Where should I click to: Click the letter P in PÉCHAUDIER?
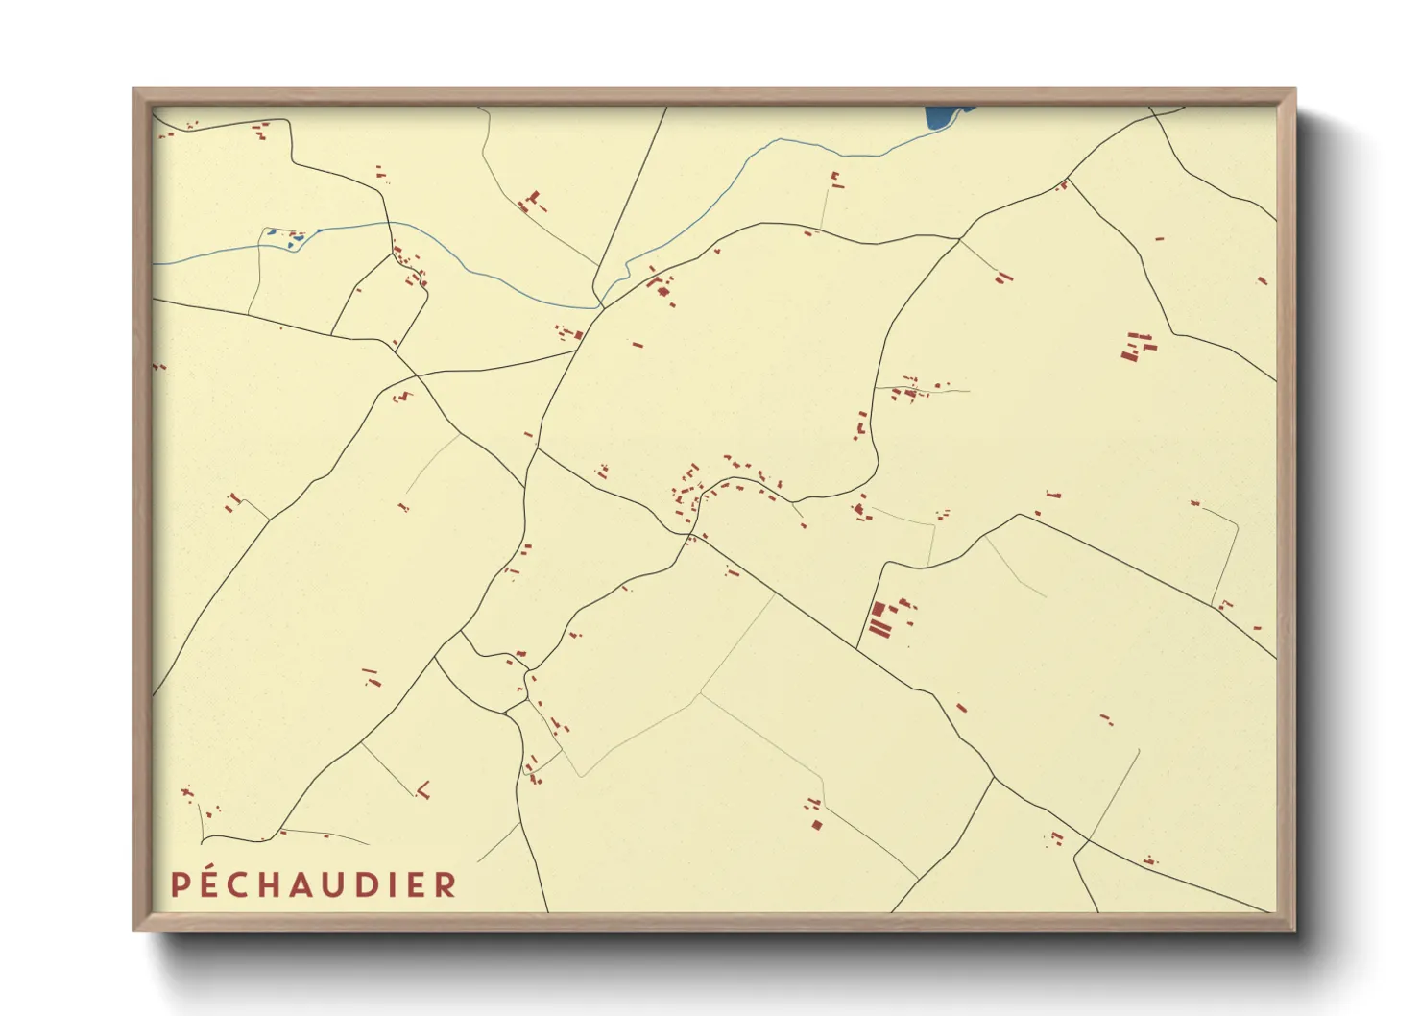(x=179, y=884)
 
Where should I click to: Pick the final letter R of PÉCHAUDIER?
(x=446, y=884)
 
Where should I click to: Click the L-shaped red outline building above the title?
(x=423, y=791)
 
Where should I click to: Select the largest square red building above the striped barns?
(x=877, y=609)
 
